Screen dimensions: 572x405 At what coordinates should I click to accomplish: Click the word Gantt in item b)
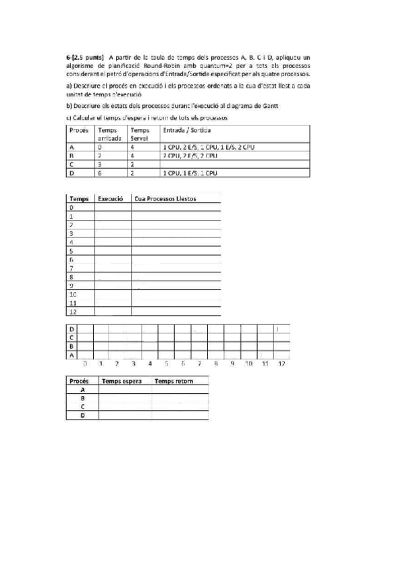[270, 106]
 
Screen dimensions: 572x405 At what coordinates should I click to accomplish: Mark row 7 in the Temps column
[72, 268]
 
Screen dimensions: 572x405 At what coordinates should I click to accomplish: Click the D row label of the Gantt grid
[72, 328]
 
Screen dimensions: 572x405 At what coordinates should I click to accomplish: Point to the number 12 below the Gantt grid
[281, 364]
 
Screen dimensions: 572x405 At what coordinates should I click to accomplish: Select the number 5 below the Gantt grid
[166, 364]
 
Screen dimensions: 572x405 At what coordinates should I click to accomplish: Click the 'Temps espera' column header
[122, 381]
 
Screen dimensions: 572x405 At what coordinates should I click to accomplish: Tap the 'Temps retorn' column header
[173, 381]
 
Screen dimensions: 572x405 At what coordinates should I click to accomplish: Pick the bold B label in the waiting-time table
[82, 399]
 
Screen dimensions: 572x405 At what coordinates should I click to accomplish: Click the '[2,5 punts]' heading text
[84, 58]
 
